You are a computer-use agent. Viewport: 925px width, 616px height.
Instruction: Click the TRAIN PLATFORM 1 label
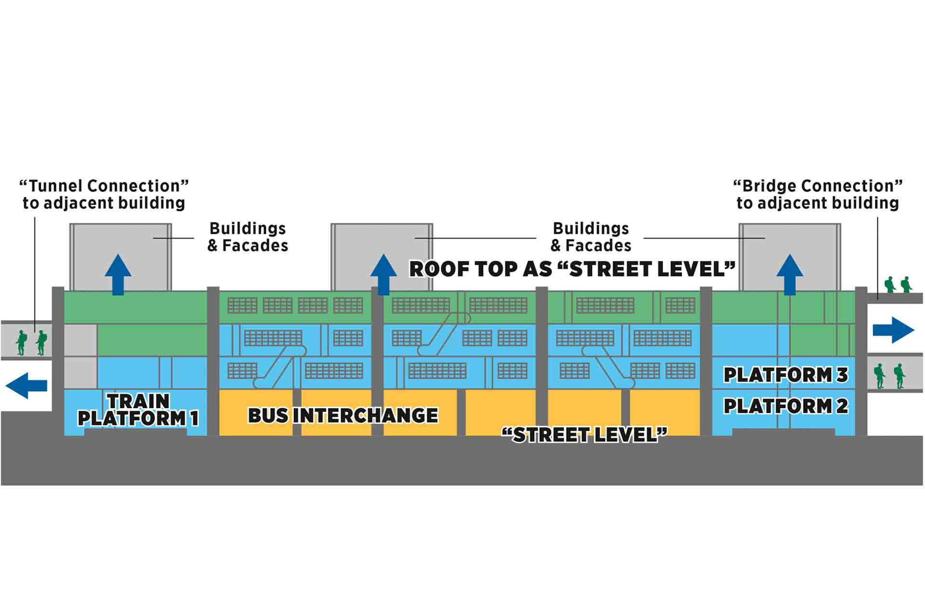coord(138,410)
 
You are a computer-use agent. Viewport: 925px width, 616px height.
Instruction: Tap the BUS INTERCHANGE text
coord(343,415)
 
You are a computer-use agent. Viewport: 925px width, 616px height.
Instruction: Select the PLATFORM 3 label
coord(785,375)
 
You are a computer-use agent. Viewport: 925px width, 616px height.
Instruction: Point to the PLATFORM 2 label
coord(785,406)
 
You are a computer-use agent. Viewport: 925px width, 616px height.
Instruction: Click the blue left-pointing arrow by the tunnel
coord(26,385)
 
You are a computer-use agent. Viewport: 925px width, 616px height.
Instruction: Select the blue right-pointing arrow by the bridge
coord(893,330)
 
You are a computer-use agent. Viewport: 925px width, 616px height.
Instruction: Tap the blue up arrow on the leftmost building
coord(118,274)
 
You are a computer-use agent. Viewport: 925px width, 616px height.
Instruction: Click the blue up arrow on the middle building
coord(383,274)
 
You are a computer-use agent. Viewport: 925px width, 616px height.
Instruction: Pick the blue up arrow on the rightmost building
coord(790,274)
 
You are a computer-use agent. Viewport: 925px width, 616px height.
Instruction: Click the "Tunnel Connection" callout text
coord(104,194)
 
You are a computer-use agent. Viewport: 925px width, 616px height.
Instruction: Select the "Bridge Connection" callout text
coord(818,194)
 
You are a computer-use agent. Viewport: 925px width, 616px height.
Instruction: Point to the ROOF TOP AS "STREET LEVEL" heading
coord(572,269)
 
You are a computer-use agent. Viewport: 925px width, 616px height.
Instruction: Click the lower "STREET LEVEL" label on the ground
coord(584,435)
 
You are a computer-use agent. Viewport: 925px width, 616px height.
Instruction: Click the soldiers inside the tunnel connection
coord(31,342)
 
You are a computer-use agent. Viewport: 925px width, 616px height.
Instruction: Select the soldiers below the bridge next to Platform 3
coord(889,376)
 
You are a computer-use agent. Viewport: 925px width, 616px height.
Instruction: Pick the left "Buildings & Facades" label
coord(248,237)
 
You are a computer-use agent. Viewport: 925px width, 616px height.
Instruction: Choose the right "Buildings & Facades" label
coord(591,237)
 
